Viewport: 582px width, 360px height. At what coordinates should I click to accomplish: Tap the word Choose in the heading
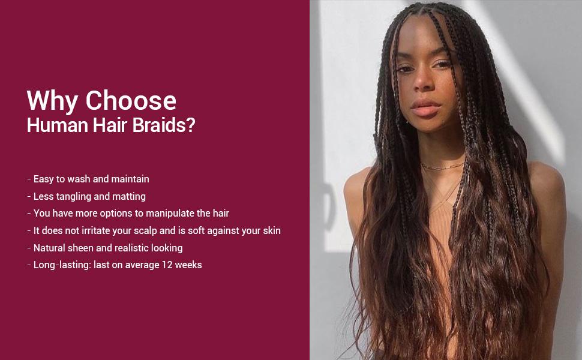tap(130, 100)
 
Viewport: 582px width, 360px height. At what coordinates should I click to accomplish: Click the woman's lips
tap(425, 108)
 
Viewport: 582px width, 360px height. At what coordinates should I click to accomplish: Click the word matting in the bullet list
tap(129, 196)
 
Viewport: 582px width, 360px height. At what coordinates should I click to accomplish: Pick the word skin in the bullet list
tap(271, 230)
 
